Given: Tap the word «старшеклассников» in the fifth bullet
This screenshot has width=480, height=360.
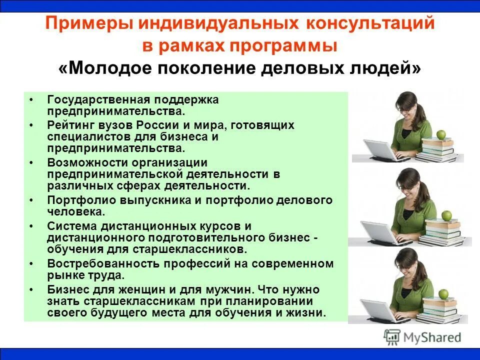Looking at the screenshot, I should [196, 248].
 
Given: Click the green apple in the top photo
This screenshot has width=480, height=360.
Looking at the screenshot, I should [441, 134].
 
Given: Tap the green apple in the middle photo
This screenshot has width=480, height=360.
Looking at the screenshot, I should [446, 215].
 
